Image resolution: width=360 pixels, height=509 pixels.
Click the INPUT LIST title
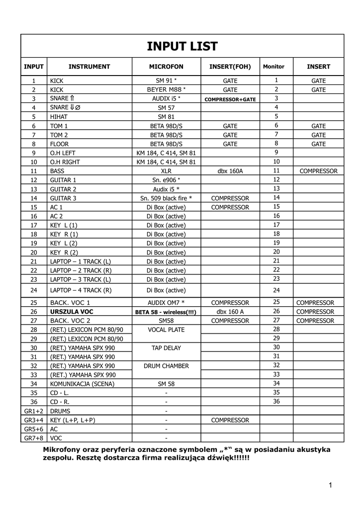coord(182,46)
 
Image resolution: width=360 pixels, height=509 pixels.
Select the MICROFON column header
coord(166,66)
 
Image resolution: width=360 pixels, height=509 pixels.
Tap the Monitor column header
coord(274,67)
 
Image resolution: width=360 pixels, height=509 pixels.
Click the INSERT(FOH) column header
coord(230,66)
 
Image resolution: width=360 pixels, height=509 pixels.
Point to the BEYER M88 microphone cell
coord(166,89)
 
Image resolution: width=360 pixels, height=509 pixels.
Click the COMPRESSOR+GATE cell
coord(230,99)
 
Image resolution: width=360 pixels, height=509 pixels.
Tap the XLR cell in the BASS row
coord(166,171)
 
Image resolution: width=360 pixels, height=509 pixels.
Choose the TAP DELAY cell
coord(166,348)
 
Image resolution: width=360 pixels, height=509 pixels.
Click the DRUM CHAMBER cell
coord(166,366)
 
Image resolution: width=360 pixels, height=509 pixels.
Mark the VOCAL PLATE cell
coord(166,330)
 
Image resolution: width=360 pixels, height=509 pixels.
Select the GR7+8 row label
coord(34,438)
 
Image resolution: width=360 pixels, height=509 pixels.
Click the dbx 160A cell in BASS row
coord(230,171)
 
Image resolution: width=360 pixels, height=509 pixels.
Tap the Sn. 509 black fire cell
coord(166,198)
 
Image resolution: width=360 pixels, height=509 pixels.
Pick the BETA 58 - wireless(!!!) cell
coord(166,312)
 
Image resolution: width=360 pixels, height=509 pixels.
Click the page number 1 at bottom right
coord(330,485)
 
